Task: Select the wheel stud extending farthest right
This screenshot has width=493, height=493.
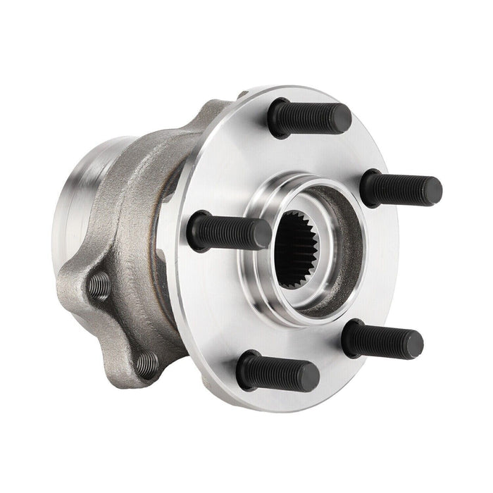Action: tap(401, 188)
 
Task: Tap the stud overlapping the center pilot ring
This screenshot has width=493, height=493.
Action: tap(229, 231)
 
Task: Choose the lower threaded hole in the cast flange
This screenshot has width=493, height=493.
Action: tap(147, 364)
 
